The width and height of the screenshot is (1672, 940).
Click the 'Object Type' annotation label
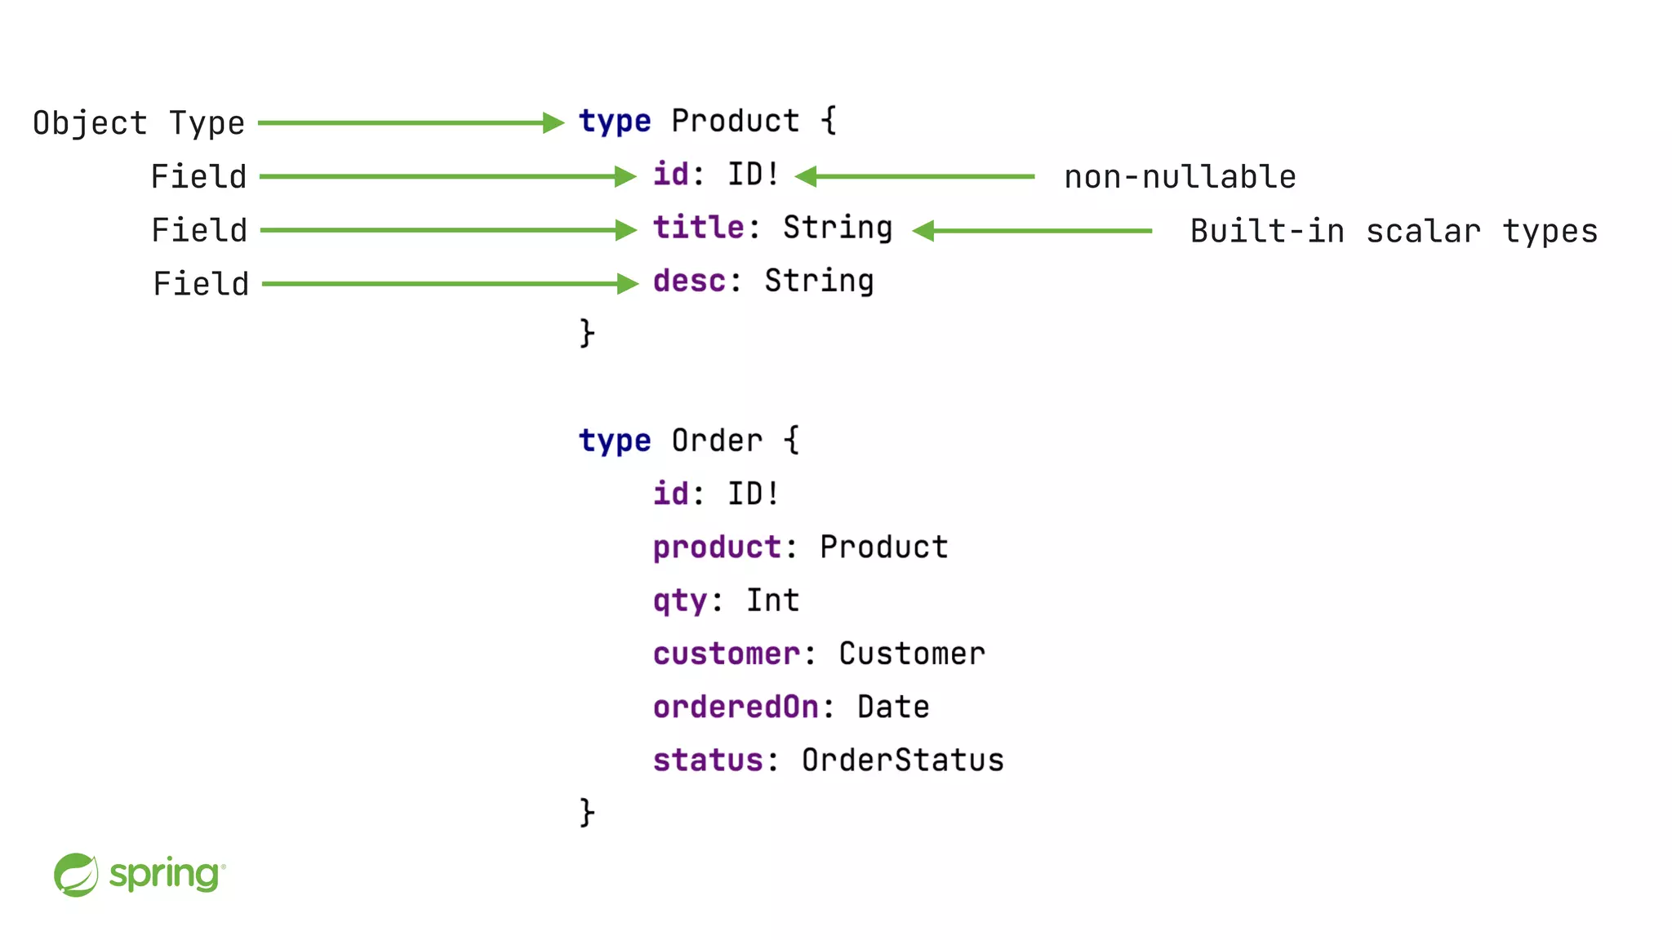coord(139,123)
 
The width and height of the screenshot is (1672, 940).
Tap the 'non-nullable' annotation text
coord(1180,177)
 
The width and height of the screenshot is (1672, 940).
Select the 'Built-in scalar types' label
coord(1393,231)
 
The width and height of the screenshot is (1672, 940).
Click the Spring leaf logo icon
coord(76,875)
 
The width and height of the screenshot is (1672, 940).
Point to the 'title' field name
coord(698,228)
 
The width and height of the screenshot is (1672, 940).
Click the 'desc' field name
coord(689,282)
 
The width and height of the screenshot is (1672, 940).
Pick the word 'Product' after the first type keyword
coord(735,122)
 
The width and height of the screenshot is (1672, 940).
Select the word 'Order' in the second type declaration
coord(716,441)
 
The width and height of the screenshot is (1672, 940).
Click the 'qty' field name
coord(679,601)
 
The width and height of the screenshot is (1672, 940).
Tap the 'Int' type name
coord(772,601)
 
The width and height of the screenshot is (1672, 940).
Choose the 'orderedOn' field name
coord(736,707)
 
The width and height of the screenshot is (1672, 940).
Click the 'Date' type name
coord(893,707)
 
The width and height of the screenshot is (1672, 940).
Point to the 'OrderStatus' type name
coord(902,760)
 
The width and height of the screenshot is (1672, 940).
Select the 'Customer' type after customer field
coord(912,654)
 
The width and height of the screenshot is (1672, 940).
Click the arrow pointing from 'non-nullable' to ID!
coord(914,176)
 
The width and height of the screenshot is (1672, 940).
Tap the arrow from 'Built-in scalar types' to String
coord(1032,231)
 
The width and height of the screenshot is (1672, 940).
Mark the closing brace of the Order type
coord(587,813)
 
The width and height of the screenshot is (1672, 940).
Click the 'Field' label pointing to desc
coord(201,284)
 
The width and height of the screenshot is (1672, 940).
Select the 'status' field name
coord(707,760)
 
